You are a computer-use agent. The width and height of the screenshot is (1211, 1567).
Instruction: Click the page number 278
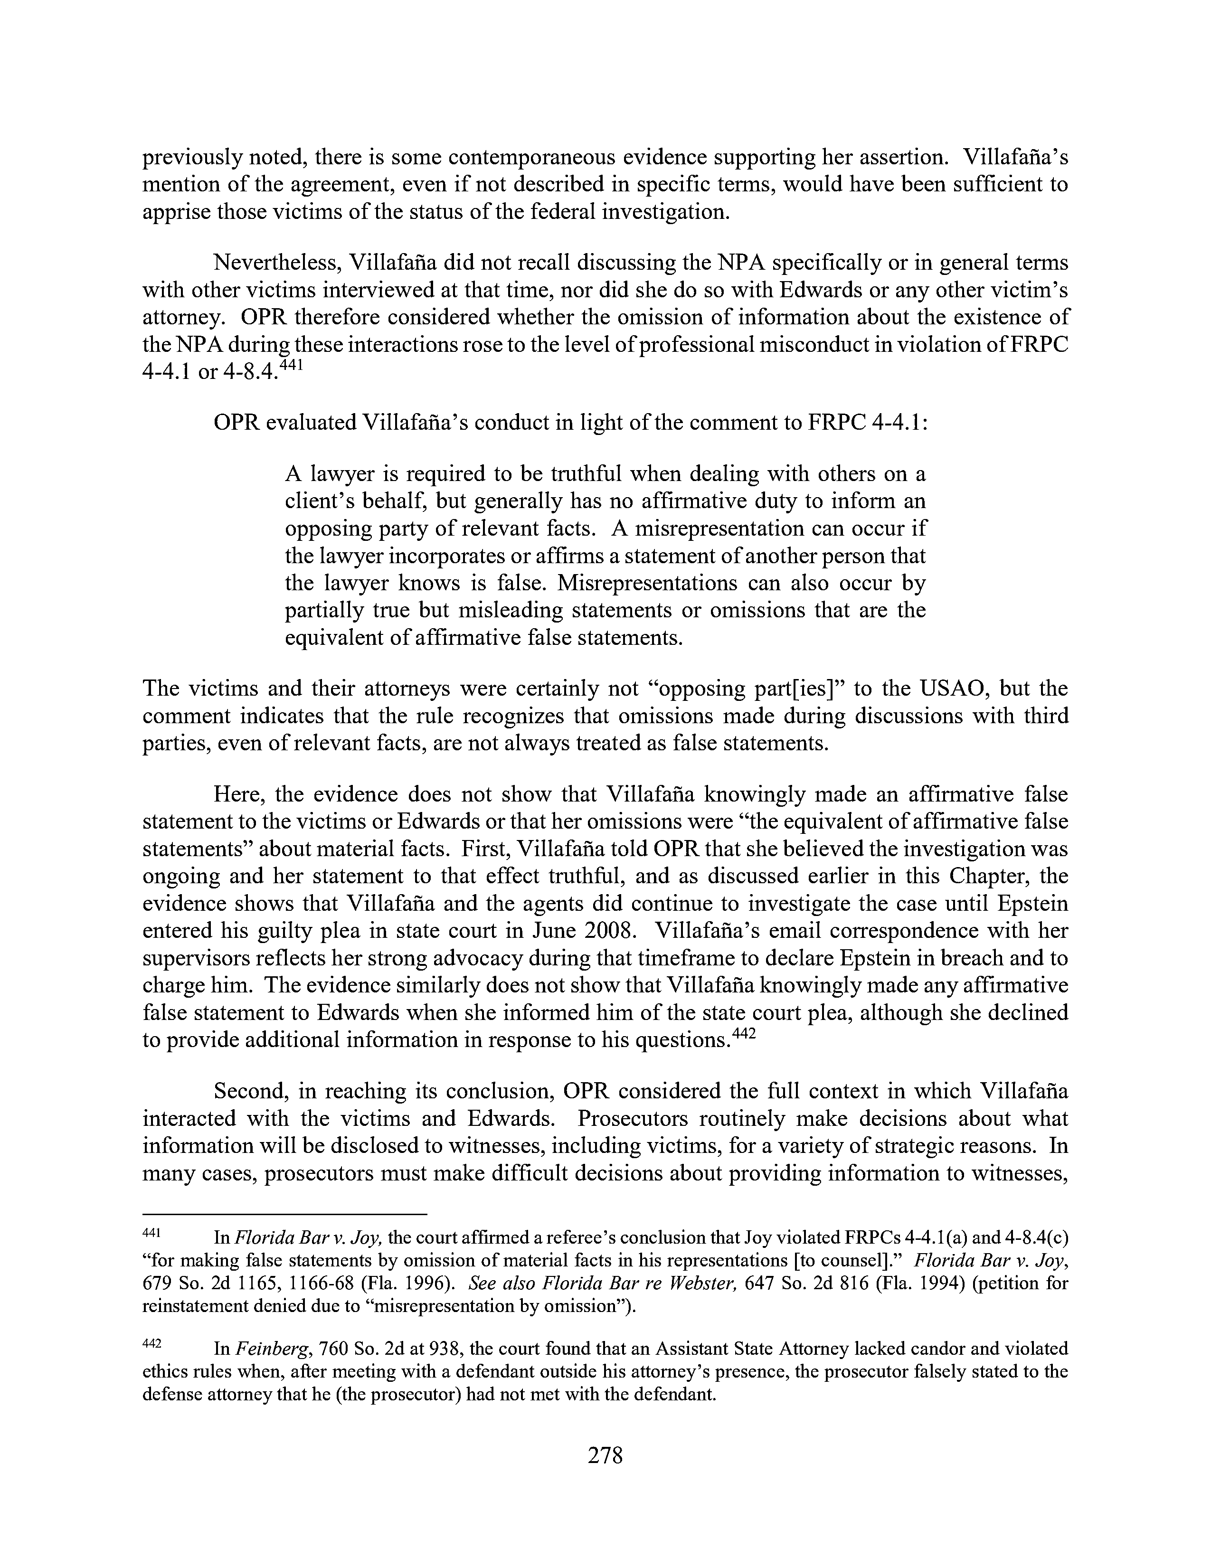[605, 1455]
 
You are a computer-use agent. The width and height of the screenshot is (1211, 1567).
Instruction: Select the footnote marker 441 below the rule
[151, 1233]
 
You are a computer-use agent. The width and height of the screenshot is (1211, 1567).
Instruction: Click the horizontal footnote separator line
[285, 1214]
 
